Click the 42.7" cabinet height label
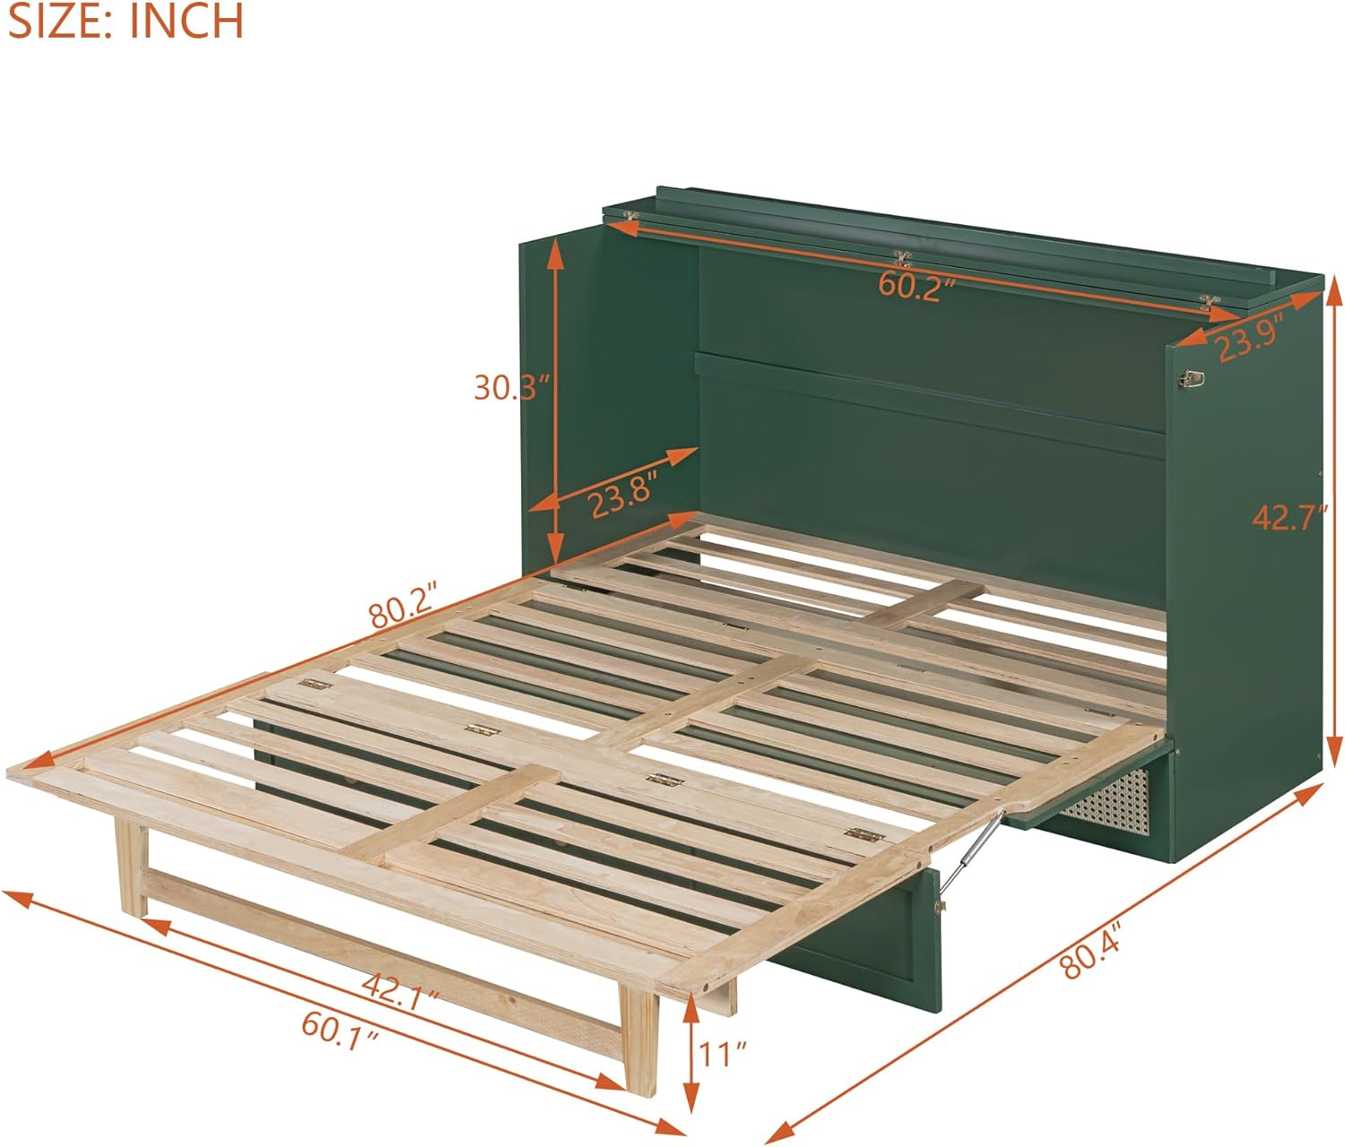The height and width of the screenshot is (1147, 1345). tap(1288, 517)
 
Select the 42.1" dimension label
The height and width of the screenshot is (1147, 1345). tap(400, 988)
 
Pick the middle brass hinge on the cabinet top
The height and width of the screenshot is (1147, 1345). tap(903, 259)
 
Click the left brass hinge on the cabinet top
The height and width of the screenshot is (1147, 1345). tap(631, 216)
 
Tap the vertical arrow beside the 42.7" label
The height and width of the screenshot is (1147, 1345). tap(1333, 517)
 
